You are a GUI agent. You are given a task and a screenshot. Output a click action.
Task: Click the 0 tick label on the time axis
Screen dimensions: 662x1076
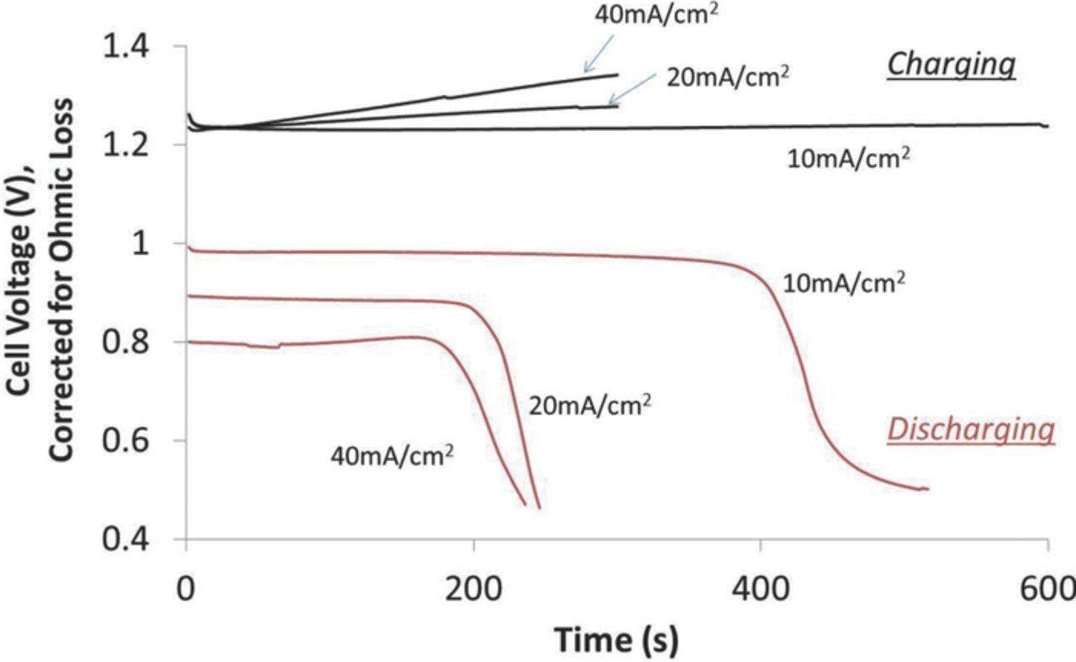pos(186,586)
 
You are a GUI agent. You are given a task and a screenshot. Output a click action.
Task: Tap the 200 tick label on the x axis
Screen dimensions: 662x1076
pos(473,586)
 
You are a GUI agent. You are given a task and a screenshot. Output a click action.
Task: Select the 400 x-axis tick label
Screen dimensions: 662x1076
pos(761,586)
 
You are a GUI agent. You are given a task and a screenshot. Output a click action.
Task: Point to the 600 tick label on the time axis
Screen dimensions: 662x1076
pos(1045,586)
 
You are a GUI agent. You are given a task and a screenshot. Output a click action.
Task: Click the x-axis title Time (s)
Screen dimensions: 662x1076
pos(616,639)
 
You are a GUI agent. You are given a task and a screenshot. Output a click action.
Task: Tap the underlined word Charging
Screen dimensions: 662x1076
pos(952,64)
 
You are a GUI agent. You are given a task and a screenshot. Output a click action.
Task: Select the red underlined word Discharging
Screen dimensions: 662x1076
pos(970,430)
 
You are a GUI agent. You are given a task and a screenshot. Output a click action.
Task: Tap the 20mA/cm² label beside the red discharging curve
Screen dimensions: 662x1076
pos(590,406)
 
